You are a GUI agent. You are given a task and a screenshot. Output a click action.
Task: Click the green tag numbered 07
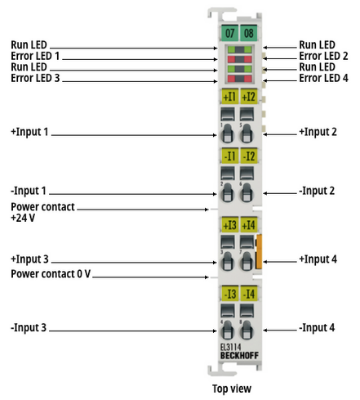[x=229, y=33]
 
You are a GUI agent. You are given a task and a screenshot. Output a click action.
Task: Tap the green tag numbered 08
[x=249, y=33]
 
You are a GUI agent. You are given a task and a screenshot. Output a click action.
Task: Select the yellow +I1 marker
[x=230, y=97]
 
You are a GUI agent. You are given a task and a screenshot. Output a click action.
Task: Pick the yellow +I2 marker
[x=249, y=97]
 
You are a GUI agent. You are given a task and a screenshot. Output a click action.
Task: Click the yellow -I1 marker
[x=230, y=156]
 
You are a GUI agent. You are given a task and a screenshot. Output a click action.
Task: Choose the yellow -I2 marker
[x=249, y=156]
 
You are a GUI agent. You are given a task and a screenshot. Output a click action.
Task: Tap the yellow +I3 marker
[x=230, y=225]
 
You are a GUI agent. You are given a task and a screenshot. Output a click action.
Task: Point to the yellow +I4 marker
[x=249, y=225]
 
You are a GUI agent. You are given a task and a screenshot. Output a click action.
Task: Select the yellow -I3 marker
[x=230, y=294]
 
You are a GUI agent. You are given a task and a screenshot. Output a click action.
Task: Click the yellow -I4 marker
[x=249, y=294]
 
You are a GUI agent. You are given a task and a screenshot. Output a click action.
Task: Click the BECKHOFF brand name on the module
[x=239, y=356]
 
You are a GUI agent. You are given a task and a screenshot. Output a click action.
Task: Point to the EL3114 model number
[x=231, y=347]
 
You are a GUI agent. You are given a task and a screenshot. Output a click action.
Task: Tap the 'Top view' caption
[x=232, y=389]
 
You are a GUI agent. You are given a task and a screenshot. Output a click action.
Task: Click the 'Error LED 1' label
[x=35, y=56]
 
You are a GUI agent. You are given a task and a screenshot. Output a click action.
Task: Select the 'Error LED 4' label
[x=324, y=78]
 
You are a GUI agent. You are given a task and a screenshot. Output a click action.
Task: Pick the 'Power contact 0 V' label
[x=51, y=274]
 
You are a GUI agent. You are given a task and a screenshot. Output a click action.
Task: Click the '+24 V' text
[x=23, y=218]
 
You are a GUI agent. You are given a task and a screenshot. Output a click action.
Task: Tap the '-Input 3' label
[x=29, y=328]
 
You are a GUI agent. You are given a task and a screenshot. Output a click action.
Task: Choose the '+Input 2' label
[x=318, y=132]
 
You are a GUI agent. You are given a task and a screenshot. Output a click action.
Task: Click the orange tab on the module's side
[x=259, y=251]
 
